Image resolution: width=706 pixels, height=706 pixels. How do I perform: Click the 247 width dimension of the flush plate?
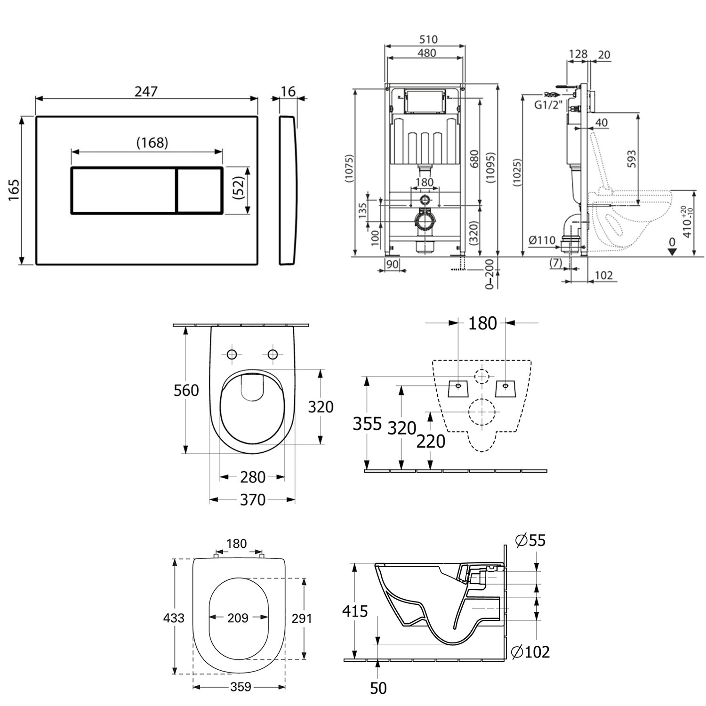click(x=146, y=91)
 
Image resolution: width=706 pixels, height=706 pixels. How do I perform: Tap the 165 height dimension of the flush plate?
click(x=14, y=190)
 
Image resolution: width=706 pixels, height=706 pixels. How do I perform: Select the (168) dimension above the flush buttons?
click(x=152, y=142)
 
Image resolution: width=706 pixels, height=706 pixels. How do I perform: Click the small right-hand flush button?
click(x=200, y=191)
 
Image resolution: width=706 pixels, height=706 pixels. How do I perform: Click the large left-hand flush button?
click(x=123, y=191)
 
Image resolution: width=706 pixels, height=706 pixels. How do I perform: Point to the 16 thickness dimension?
click(x=288, y=91)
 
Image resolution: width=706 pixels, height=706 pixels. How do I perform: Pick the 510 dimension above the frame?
click(x=428, y=40)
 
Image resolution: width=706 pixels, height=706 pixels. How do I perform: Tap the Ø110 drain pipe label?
click(x=542, y=240)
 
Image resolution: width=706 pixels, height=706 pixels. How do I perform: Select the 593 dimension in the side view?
click(x=631, y=159)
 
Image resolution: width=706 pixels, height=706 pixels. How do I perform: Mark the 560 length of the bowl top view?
click(x=186, y=390)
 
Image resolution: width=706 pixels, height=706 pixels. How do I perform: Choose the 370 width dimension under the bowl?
click(x=253, y=499)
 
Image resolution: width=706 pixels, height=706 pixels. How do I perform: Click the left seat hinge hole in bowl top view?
click(x=232, y=354)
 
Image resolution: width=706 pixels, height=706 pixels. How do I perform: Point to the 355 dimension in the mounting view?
click(x=367, y=424)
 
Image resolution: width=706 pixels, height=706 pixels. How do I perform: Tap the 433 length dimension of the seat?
click(x=174, y=618)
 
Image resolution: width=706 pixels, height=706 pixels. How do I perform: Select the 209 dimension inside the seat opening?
click(x=238, y=618)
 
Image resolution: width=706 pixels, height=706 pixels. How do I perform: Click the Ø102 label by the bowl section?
click(x=530, y=652)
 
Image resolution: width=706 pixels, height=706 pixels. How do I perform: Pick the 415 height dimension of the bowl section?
click(x=355, y=611)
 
